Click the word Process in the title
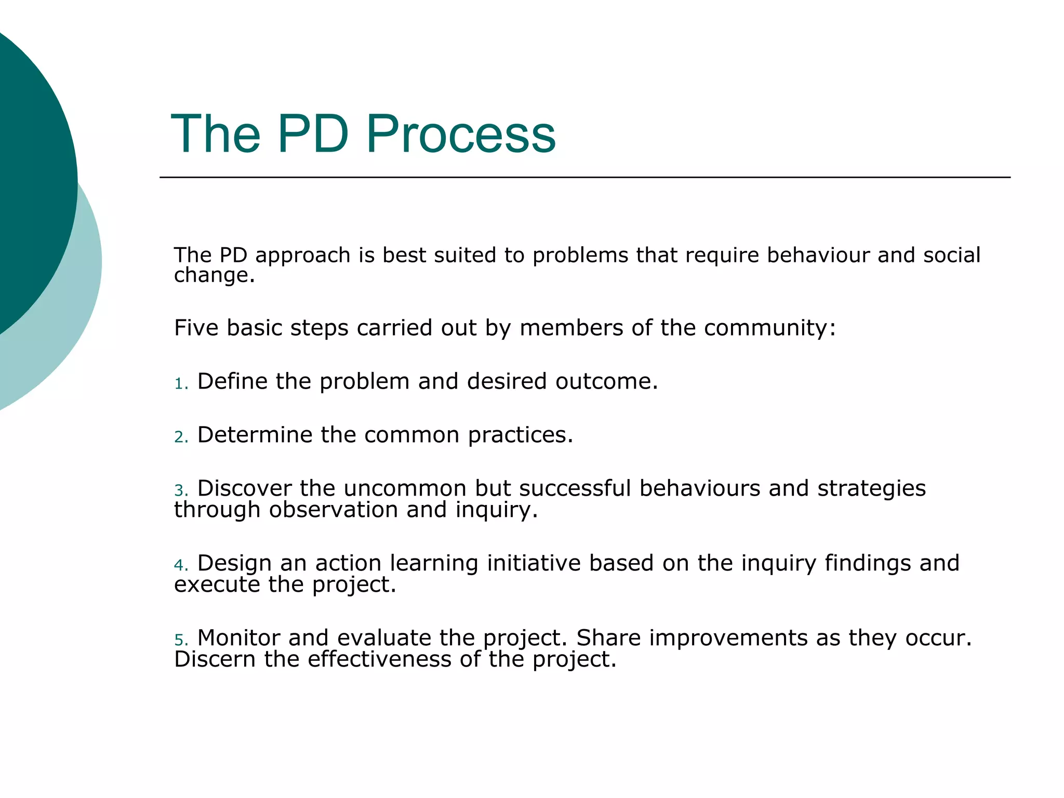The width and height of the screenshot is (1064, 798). tap(461, 134)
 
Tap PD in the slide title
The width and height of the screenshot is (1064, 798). tap(313, 134)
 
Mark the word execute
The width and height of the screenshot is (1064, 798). tap(217, 585)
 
